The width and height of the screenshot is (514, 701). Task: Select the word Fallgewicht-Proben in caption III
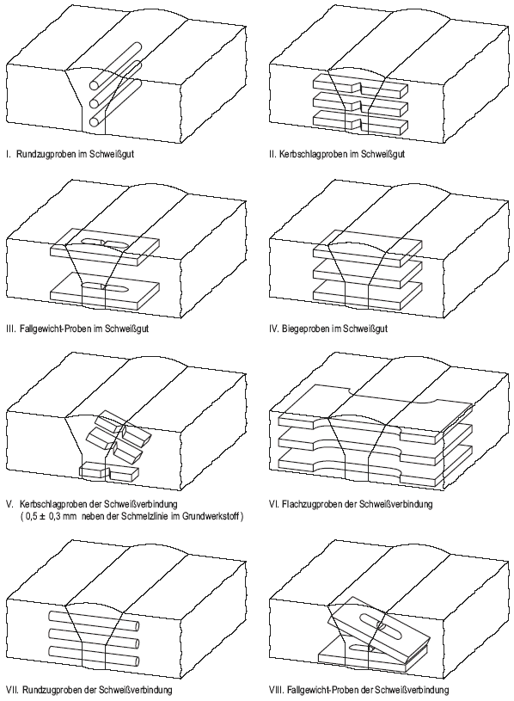[x=56, y=329]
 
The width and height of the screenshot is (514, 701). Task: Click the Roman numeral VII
[x=12, y=689]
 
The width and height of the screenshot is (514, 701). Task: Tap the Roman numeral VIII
[x=277, y=689]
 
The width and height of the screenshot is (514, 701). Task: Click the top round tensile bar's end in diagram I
[x=95, y=85]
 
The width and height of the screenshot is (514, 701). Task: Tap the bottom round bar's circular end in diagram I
[x=95, y=121]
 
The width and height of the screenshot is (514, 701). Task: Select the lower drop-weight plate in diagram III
[x=105, y=292]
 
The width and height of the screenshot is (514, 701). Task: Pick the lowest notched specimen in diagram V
[x=109, y=471]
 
